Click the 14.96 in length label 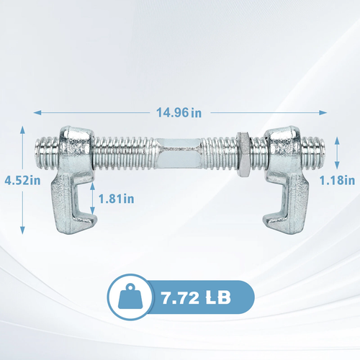pos(179,112)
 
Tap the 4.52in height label pos(22,181)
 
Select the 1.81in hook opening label pos(117,199)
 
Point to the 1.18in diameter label pos(337,181)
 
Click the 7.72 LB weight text pos(196,298)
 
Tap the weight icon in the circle pos(130,297)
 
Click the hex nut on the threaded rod pos(243,154)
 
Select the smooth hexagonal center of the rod pos(179,153)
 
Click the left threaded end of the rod pos(47,153)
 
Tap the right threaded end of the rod pos(313,152)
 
